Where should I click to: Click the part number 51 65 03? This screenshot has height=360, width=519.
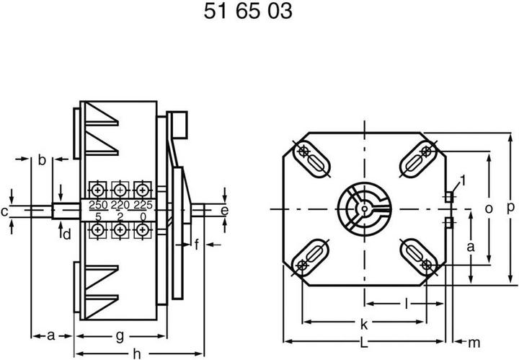247,13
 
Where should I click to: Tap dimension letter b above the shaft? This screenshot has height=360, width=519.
42,160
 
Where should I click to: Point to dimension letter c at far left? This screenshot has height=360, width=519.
4,211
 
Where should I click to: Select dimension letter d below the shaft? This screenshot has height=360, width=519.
66,234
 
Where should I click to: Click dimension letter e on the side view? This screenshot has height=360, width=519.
224,210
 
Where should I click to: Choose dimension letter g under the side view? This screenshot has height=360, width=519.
120,335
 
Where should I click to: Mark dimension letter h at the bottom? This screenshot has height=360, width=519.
136,353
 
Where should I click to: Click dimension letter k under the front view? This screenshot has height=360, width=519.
364,322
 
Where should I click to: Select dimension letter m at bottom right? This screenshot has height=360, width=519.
474,341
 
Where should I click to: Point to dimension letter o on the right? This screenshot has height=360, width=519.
488,208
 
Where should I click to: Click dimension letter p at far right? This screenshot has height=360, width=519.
510,208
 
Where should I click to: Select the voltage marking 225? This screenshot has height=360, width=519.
144,206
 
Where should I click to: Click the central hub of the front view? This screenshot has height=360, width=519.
363,209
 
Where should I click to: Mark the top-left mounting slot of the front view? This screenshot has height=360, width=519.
310,162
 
